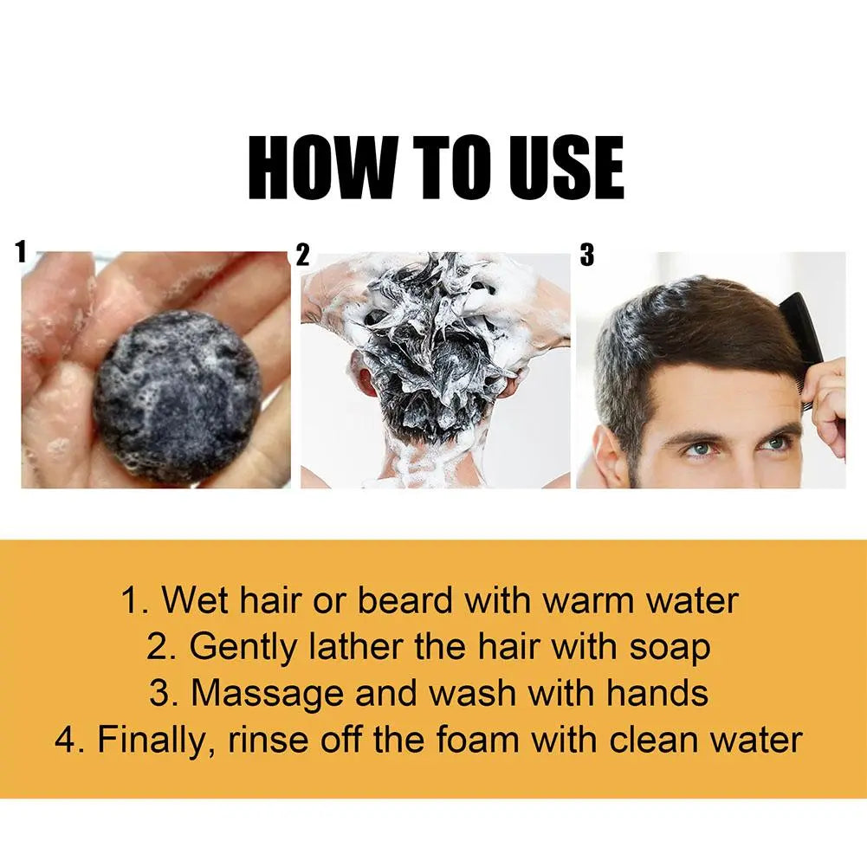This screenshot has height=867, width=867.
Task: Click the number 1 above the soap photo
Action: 22,252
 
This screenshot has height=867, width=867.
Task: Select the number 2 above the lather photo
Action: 302,256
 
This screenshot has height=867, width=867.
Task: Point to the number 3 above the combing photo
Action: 587,256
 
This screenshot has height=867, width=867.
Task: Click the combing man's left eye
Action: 774,443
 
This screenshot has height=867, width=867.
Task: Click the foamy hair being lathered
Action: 433,346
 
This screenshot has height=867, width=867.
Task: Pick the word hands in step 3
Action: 657,693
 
